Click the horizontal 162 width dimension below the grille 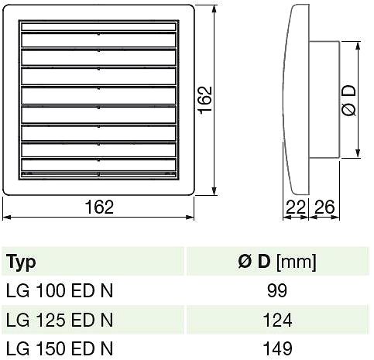coord(99,207)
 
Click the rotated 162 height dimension coord(205,99)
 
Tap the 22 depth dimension coord(296,207)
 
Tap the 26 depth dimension coord(324,207)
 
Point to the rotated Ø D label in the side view coord(348,101)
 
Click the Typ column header coord(21,262)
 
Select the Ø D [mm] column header coord(277,262)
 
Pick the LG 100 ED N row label coord(60,291)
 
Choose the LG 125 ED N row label coord(60,320)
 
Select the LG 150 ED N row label coord(60,349)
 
